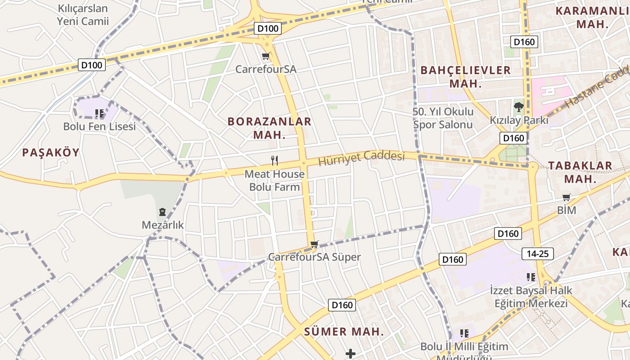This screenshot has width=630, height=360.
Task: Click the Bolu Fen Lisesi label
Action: [x=99, y=126]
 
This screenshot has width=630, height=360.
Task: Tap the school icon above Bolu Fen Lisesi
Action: [x=99, y=113]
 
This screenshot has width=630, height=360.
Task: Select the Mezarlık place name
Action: [x=163, y=225]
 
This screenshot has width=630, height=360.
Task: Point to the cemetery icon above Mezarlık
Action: [x=162, y=211]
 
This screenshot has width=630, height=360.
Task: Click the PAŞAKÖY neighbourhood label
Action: [x=51, y=153]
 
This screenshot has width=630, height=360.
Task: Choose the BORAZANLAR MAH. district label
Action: [x=270, y=128]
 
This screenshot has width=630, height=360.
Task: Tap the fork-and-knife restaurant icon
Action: [x=274, y=160]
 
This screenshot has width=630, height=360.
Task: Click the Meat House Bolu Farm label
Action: [x=274, y=180]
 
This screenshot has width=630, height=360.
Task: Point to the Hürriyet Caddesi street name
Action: [x=362, y=158]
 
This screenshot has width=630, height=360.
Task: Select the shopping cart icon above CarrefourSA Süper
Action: [x=315, y=244]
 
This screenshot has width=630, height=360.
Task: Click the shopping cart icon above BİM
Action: [x=567, y=197]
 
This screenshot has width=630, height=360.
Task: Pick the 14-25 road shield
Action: [x=538, y=254]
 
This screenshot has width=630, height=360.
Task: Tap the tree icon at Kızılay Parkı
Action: [x=519, y=107]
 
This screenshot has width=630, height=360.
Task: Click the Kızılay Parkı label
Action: [x=519, y=120]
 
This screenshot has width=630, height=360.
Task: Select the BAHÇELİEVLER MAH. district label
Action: [x=466, y=77]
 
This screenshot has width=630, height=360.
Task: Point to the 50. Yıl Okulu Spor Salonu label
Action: [x=443, y=118]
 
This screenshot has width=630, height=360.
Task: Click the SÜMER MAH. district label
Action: [x=344, y=332]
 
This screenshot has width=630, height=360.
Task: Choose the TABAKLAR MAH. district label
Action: [x=580, y=172]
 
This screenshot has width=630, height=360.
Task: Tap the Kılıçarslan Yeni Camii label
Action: [x=83, y=15]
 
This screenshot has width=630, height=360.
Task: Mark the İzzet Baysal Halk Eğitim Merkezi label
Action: [x=531, y=297]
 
